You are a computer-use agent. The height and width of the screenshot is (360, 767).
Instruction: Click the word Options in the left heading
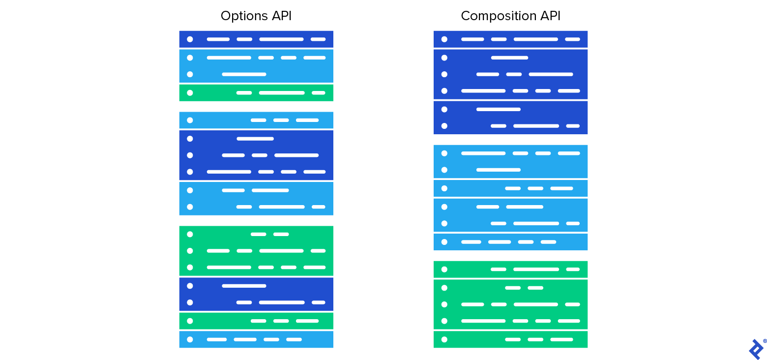coord(238,16)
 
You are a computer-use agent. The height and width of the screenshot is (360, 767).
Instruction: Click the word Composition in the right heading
coord(492,16)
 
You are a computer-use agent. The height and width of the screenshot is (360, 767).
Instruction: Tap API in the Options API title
coord(281,16)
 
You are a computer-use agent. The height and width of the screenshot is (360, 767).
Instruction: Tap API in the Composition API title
coord(550,16)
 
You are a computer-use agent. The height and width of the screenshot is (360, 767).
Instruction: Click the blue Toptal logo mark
coord(756,349)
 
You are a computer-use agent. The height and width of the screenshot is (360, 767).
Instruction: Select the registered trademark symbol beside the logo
coord(765,341)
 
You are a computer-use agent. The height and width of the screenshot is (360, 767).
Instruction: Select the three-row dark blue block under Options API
coord(256,155)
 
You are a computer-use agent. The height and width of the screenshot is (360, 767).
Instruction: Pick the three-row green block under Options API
coord(256,251)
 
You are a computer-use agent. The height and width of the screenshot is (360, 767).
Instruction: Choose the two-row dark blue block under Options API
coord(256,294)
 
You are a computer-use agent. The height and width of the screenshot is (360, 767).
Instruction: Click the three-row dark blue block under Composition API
coord(510,74)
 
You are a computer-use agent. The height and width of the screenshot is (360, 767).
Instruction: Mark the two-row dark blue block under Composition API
coord(510,118)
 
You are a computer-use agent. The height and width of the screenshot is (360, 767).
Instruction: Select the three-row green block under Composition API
coord(510,304)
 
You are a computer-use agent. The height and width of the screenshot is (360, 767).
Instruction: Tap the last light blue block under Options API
coord(256,339)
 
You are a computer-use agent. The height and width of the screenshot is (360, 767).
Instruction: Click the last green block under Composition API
coord(510,339)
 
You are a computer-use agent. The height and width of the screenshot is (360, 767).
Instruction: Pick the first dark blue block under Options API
coord(256,39)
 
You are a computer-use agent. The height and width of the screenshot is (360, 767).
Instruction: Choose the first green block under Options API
coord(256,93)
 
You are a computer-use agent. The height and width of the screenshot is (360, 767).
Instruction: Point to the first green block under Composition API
coord(510,270)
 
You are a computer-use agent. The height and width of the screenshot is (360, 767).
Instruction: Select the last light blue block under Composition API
coord(510,242)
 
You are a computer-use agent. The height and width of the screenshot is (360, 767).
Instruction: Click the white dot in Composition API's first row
coord(444,39)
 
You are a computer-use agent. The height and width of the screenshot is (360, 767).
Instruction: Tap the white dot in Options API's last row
coord(190,339)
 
